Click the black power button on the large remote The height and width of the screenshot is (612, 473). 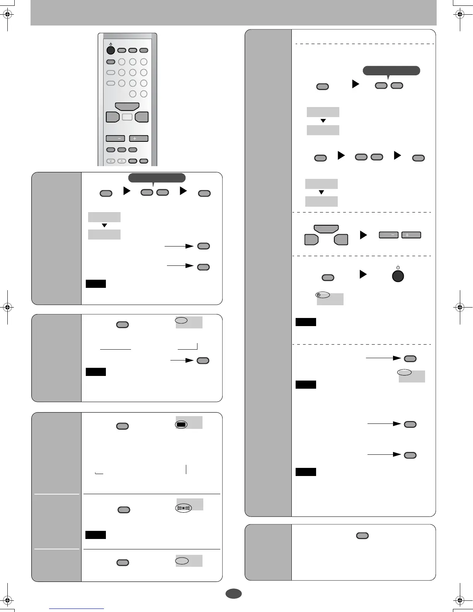coord(111,50)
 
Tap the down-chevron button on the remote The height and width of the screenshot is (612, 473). coord(111,161)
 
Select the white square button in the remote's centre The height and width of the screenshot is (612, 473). coord(127,117)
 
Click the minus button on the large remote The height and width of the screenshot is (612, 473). coord(115,138)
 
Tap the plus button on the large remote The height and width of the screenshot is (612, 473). coord(139,138)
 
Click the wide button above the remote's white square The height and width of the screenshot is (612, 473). coord(127,107)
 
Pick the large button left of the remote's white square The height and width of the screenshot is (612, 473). coord(112,117)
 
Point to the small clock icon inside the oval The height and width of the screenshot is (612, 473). coord(318,295)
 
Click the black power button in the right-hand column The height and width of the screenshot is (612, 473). coord(398,276)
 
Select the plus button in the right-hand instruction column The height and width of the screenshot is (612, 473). coord(411,235)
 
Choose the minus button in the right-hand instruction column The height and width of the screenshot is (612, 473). coord(389,235)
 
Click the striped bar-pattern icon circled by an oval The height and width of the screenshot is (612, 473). coord(184,508)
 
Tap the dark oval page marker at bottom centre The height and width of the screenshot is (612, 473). coord(233,594)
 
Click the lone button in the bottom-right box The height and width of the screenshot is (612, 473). coord(362,535)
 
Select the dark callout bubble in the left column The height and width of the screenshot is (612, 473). coord(157,178)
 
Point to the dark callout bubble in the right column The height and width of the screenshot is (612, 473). coord(391,70)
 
